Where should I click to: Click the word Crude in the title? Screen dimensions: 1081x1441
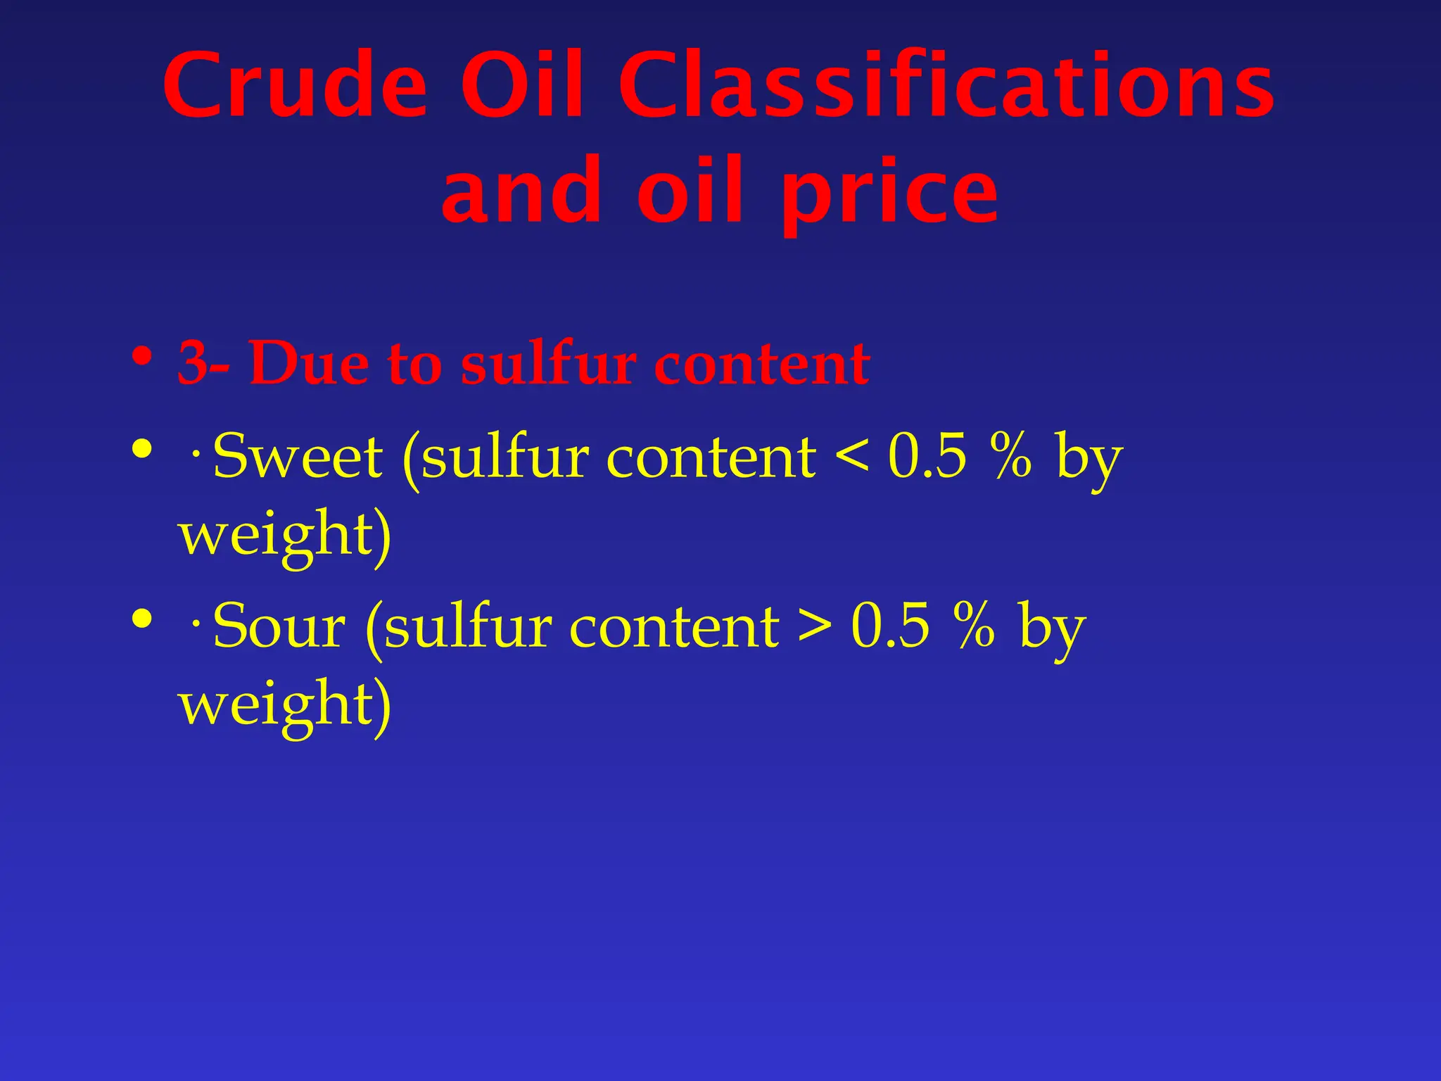[x=296, y=86]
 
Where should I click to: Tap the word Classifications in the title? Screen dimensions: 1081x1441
[x=946, y=86]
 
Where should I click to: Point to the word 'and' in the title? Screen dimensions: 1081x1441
[x=521, y=191]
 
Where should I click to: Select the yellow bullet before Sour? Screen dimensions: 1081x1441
[x=142, y=619]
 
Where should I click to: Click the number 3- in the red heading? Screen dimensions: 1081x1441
[x=203, y=363]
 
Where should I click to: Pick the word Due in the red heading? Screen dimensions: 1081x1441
[x=309, y=363]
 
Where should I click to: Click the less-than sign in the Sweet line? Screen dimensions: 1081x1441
[x=851, y=457]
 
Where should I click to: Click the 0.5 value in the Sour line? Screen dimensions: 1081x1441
[x=890, y=626]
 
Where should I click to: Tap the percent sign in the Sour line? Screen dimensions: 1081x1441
[x=975, y=626]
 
